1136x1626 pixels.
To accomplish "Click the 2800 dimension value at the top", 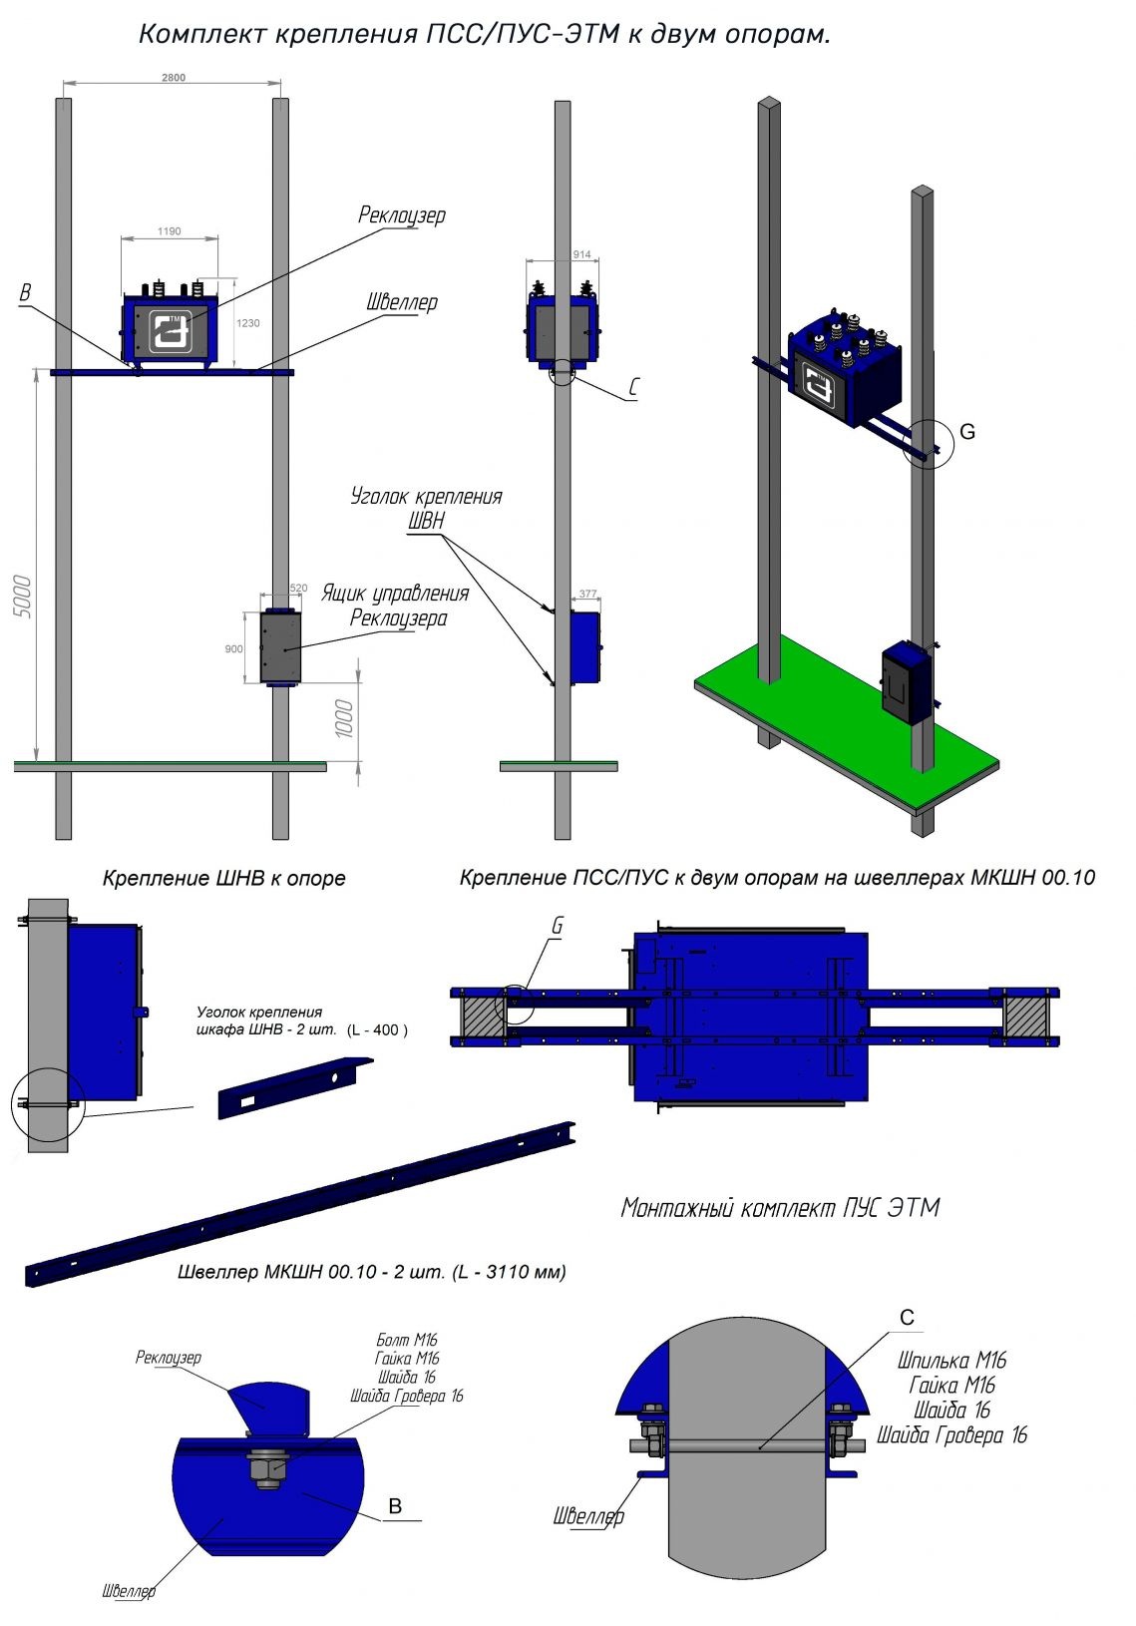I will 173,78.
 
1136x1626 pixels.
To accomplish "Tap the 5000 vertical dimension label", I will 26,597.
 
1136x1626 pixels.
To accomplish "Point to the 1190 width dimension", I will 170,231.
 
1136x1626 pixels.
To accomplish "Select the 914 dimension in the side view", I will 581,254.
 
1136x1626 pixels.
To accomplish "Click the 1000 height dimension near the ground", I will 344,718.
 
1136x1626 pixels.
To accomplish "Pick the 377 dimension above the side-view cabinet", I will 587,594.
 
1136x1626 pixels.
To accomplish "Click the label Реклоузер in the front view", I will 402,215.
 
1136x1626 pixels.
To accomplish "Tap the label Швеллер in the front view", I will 401,302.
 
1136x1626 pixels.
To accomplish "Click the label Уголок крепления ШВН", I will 426,508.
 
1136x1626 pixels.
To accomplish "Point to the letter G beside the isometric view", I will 966,432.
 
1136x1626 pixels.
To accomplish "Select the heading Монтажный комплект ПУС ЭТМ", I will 780,1208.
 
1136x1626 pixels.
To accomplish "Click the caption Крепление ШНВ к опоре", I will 223,879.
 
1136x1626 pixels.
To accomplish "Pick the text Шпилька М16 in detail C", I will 951,1360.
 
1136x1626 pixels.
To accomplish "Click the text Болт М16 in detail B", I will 407,1341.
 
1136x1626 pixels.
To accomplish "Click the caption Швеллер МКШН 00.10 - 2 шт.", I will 371,1272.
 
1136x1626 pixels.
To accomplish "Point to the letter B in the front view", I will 26,293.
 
